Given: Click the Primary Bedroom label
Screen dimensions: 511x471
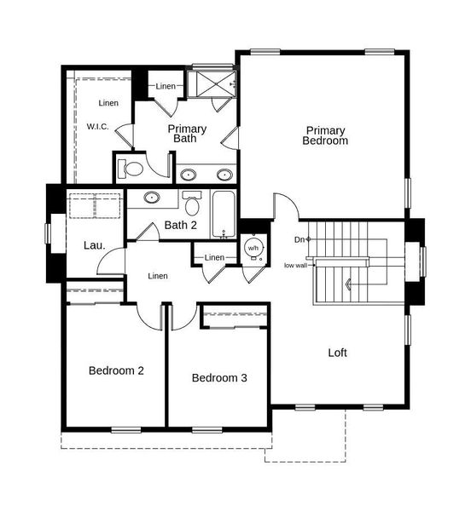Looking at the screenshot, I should pos(325,135).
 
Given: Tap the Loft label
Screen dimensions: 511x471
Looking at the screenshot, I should pos(338,352).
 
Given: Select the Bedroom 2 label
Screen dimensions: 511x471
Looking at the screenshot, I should pos(116,370).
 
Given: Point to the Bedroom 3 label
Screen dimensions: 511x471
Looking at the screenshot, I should pos(219,378).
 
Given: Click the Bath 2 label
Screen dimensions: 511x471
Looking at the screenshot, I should pos(181,226).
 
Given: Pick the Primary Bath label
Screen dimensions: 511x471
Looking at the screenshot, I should pos(187,134).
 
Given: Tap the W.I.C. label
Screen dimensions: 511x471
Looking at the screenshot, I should pos(97,127).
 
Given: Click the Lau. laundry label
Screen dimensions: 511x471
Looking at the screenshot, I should pos(94,245).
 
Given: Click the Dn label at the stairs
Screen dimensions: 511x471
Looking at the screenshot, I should pos(299,239).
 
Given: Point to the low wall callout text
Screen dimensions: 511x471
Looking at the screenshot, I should pos(294,265).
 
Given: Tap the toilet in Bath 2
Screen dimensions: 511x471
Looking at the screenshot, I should pos(192,205).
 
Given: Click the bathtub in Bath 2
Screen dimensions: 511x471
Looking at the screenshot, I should pos(224,213).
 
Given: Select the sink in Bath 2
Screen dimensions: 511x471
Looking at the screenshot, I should pos(152,198).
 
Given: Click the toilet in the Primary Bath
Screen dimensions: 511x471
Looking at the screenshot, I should pos(131,167).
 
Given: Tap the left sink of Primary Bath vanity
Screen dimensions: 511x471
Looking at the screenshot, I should pos(189,175).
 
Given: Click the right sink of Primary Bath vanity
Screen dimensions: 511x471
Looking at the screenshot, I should pos(224,175).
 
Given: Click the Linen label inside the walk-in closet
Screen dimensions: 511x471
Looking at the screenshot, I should pos(108,104).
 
